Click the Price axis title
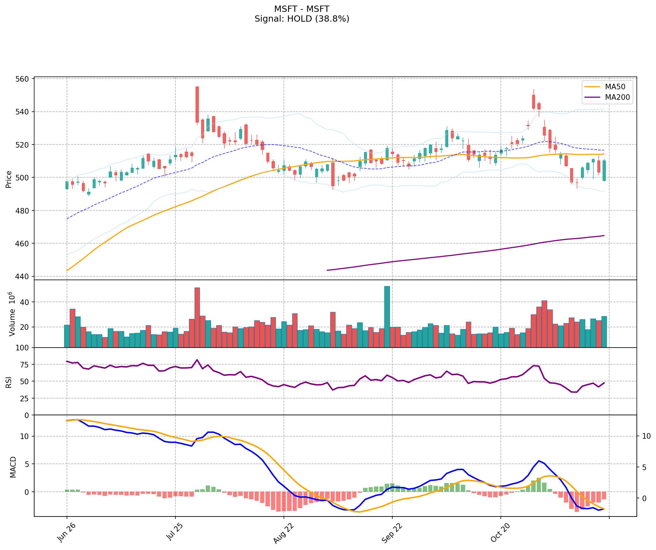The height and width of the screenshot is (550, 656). pyautogui.click(x=9, y=179)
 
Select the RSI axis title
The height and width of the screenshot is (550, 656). pyautogui.click(x=9, y=381)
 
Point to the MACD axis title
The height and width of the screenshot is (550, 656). pyautogui.click(x=13, y=467)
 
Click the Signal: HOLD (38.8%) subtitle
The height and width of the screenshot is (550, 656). pyautogui.click(x=302, y=19)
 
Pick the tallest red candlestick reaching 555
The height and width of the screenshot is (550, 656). pyautogui.click(x=197, y=104)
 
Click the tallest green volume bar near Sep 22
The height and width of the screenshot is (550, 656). pyautogui.click(x=387, y=317)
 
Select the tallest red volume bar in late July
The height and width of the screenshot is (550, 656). pyautogui.click(x=197, y=317)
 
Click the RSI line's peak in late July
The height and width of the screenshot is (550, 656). pyautogui.click(x=197, y=360)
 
